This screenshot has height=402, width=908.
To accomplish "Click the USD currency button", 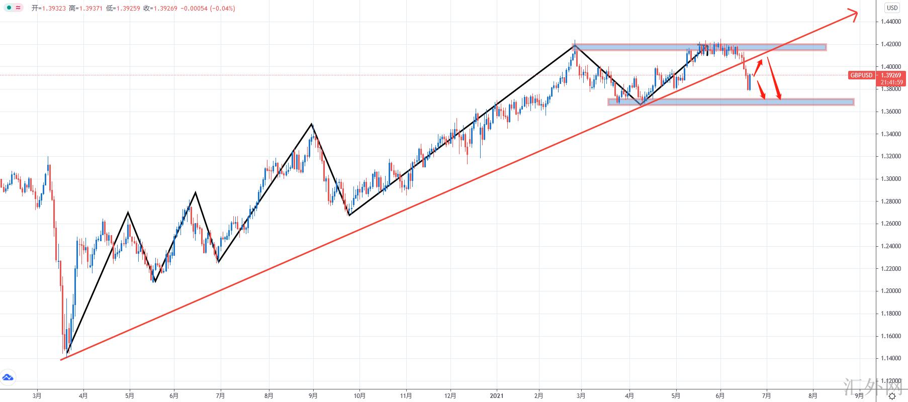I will (891, 8).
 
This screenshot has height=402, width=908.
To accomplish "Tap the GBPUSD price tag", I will (861, 75).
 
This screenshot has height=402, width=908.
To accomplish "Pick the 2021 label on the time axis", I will (497, 396).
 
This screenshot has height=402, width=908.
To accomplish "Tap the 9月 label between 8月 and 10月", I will (313, 396).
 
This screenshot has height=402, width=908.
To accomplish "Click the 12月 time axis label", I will (450, 396).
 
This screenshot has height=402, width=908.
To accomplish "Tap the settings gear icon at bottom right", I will (892, 396).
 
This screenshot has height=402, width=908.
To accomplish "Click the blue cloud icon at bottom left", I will (8, 377).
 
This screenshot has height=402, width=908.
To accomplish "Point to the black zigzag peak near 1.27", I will (128, 213).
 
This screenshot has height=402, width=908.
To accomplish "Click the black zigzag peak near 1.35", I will (312, 124).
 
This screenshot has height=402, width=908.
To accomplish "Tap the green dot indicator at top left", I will (10, 8).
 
